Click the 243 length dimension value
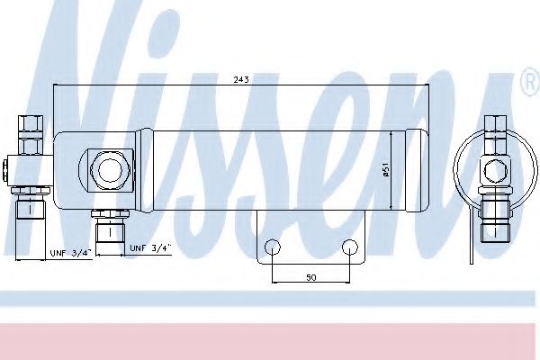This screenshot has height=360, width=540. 241,79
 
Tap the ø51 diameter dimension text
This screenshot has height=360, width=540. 386,170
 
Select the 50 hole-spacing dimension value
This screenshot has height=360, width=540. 311,277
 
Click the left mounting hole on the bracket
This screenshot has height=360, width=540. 273,247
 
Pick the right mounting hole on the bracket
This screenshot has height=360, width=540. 350,247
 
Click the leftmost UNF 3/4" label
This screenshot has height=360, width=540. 71,253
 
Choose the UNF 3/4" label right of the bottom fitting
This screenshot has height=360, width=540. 150,247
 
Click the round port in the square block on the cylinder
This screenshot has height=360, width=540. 110,169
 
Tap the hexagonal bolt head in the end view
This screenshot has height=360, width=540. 495,170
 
